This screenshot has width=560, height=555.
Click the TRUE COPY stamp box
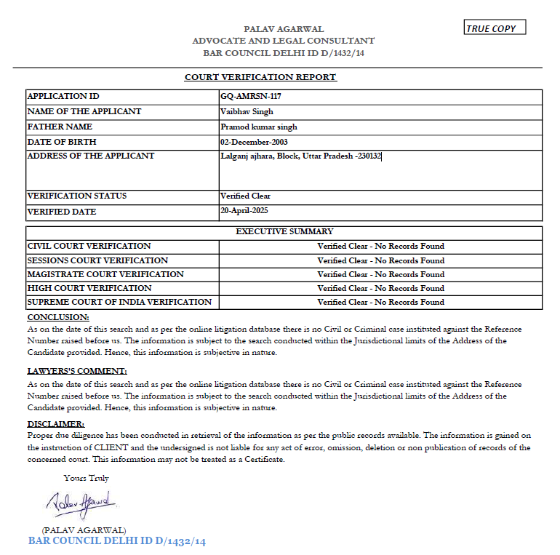click(x=495, y=28)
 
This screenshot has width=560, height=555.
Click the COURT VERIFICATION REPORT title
click(x=260, y=77)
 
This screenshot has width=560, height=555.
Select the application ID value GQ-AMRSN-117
click(x=250, y=96)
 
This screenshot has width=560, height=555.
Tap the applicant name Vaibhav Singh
click(x=247, y=111)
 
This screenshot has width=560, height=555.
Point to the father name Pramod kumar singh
click(x=258, y=127)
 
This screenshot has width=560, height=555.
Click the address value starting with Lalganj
click(x=300, y=156)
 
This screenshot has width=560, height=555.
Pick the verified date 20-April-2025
click(x=247, y=211)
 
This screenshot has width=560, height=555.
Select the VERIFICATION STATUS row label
click(x=76, y=196)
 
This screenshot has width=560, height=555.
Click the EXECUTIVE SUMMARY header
click(x=284, y=231)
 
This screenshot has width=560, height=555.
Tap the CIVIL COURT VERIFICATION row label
click(x=89, y=246)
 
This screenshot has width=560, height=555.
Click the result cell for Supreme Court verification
click(x=380, y=302)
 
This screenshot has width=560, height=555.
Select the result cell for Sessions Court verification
click(x=380, y=260)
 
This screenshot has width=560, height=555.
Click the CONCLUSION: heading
click(x=58, y=317)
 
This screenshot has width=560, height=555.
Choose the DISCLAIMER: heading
click(x=56, y=423)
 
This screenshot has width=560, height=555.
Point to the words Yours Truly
click(x=87, y=478)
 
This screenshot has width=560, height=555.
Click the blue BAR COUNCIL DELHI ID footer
click(x=116, y=542)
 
